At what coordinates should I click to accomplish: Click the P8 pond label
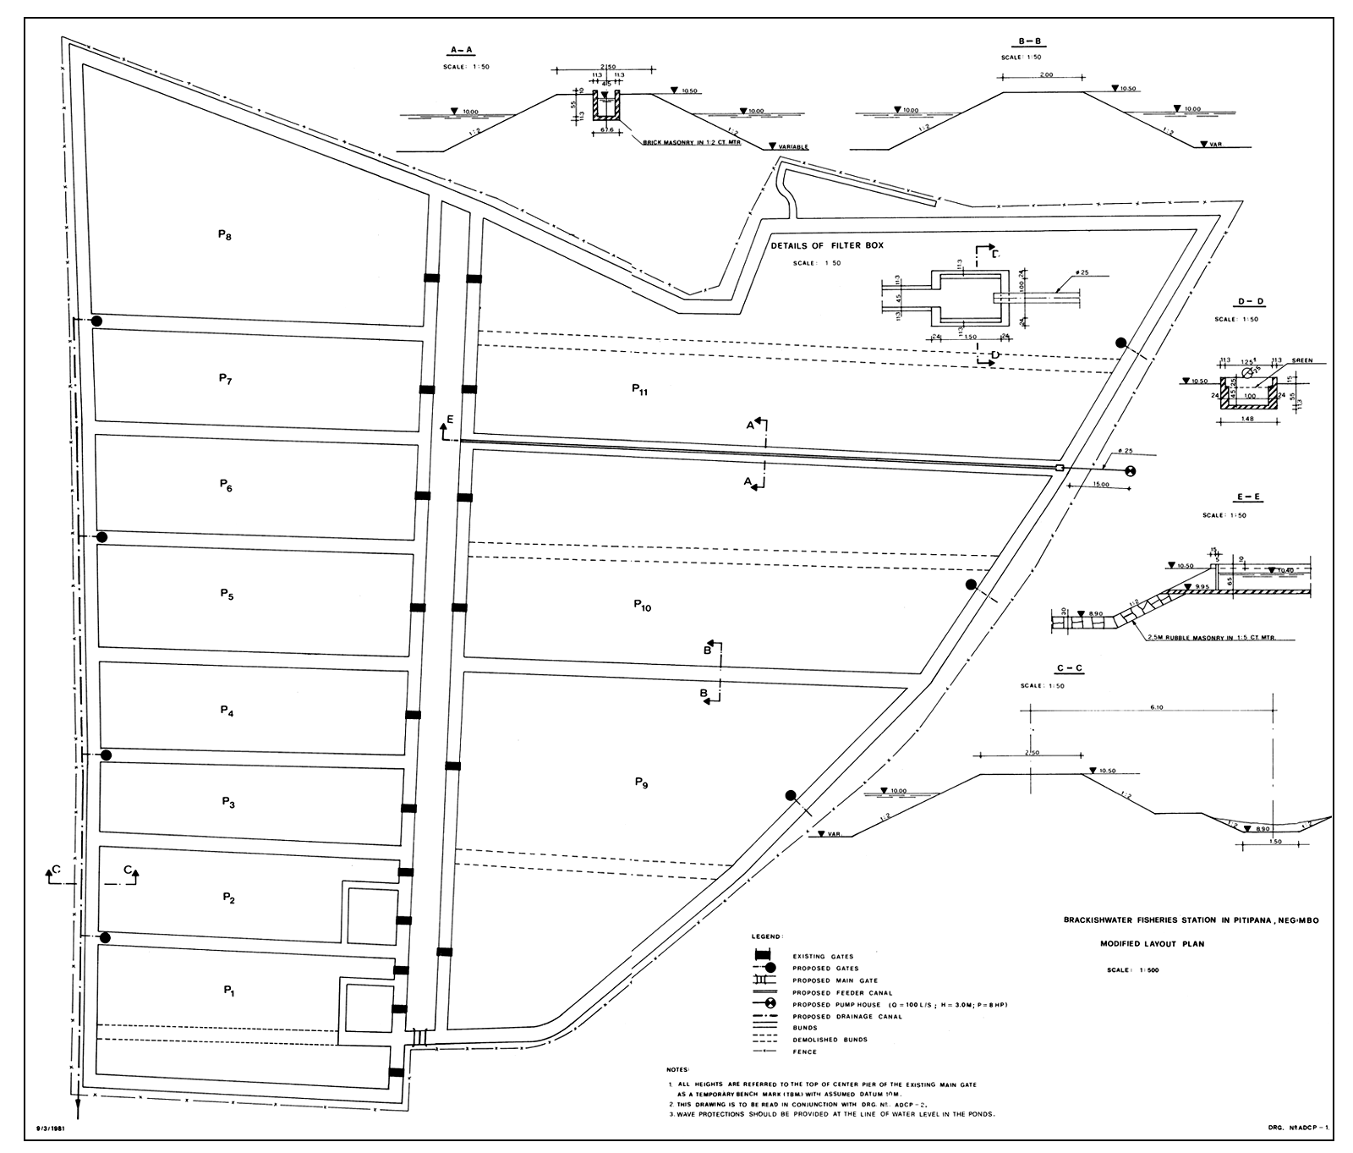pos(224,236)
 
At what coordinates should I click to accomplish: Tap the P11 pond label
pos(639,389)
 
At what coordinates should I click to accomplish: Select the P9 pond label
pos(641,783)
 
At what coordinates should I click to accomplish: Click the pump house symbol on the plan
pos(1130,471)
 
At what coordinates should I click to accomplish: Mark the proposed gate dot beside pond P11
pos(1121,343)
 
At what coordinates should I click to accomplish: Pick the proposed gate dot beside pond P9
pos(791,795)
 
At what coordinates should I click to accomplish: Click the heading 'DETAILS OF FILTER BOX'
pos(826,245)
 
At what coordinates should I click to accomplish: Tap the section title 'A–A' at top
pos(463,52)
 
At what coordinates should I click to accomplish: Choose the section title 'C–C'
pos(1070,669)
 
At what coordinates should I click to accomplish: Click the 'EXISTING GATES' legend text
pos(823,957)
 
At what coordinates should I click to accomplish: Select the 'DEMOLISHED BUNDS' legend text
pos(830,1040)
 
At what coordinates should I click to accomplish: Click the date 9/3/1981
pos(52,1128)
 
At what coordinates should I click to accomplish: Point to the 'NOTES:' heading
pos(679,1070)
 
